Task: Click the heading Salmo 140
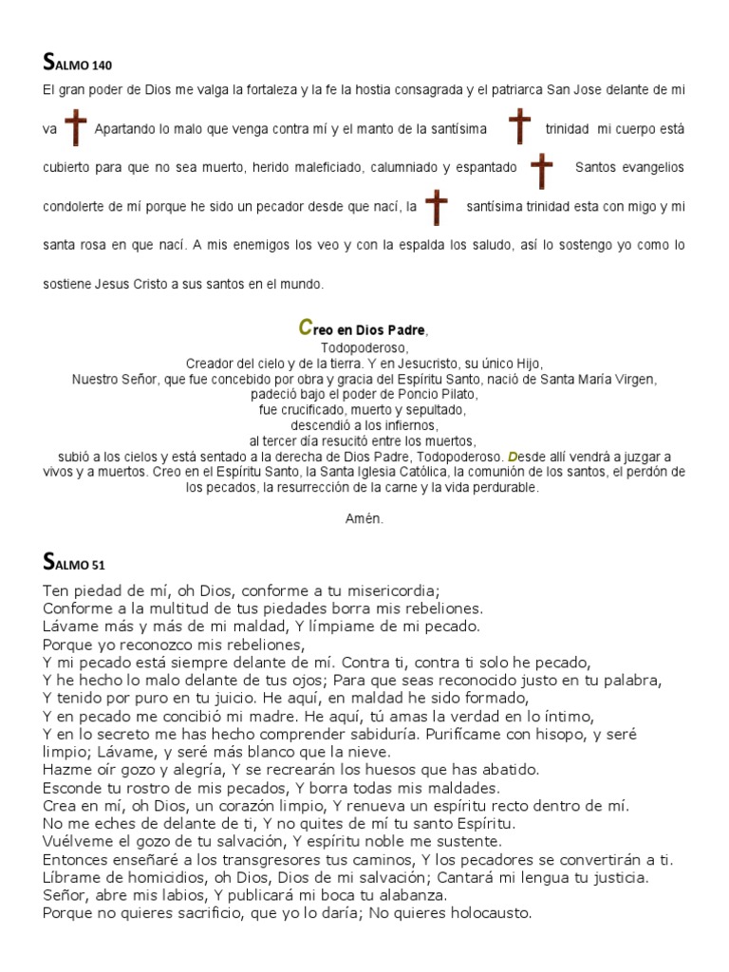tap(78, 65)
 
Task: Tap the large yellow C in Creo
tap(305, 327)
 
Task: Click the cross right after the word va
tap(76, 128)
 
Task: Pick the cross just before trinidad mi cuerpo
tap(519, 126)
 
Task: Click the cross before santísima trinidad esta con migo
tap(436, 206)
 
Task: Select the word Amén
tap(364, 518)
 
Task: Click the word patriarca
tap(538, 89)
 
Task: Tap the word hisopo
tap(555, 734)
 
